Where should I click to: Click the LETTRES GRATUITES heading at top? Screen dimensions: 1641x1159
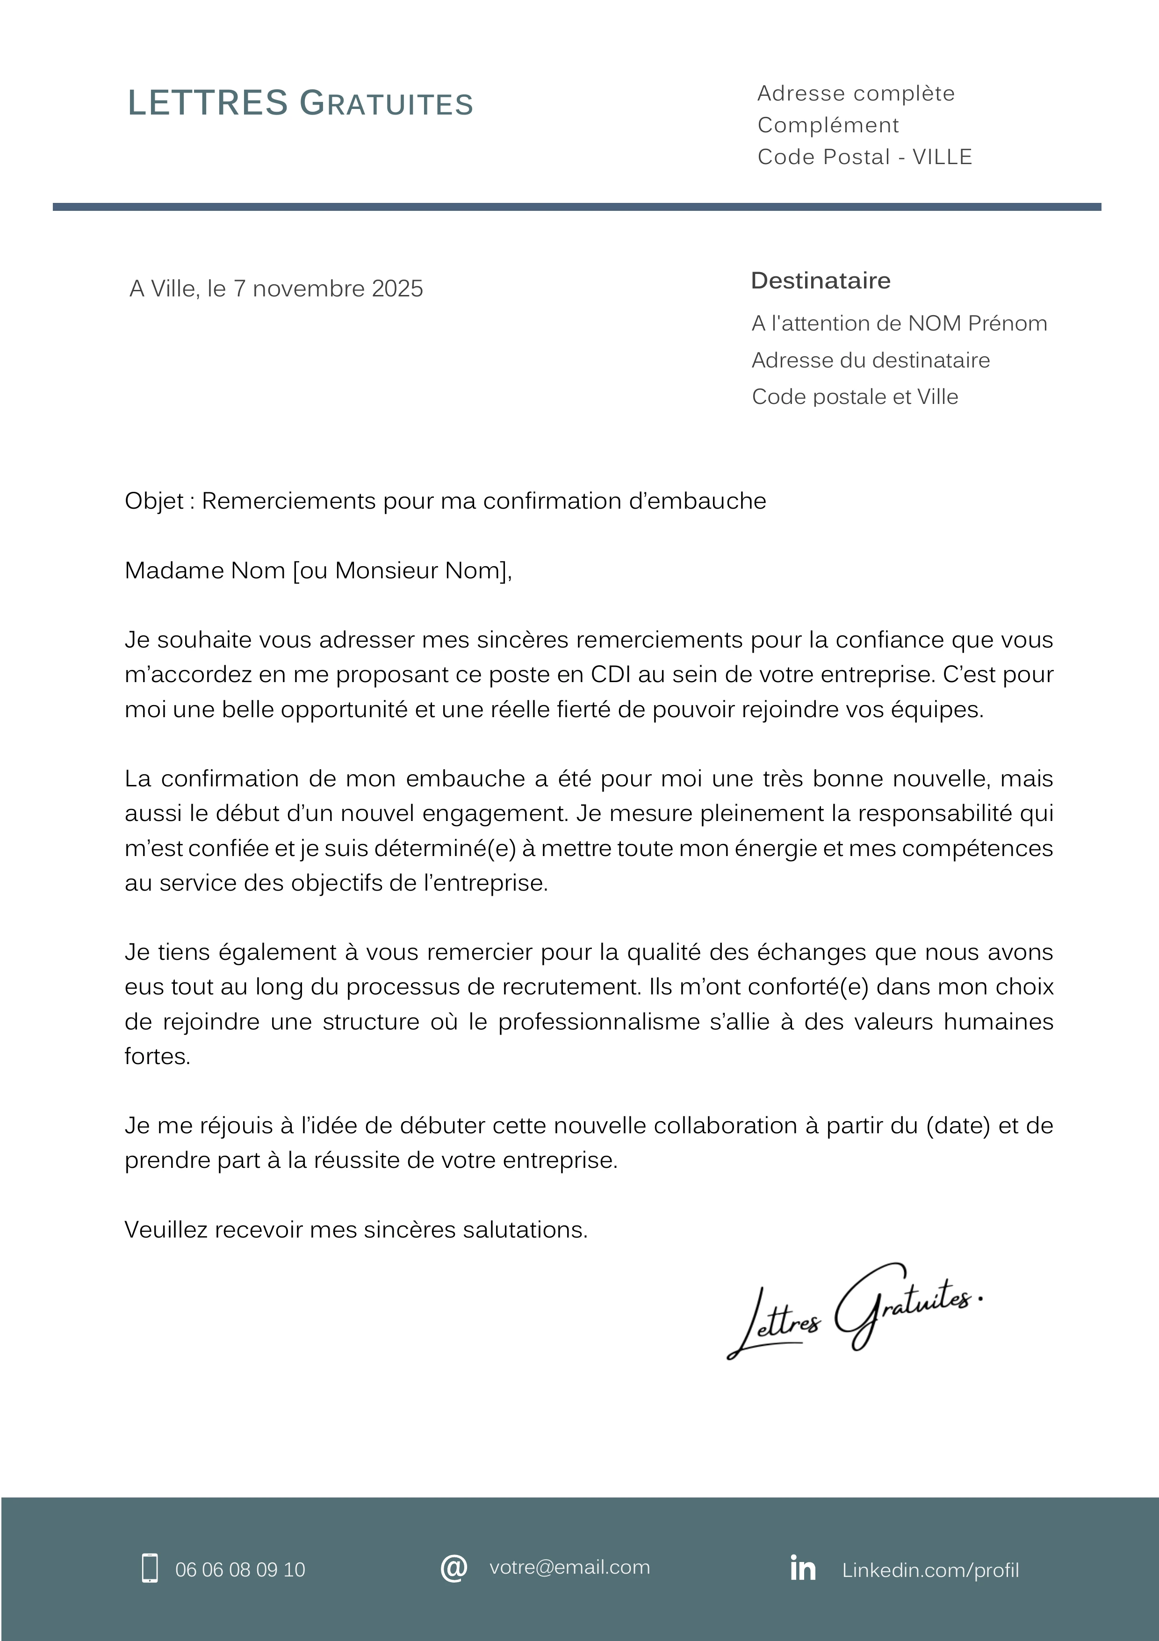tap(300, 104)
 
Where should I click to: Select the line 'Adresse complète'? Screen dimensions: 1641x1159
tap(855, 94)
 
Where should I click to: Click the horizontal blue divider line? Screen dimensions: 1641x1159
tap(576, 207)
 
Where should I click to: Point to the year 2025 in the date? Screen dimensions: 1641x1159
tap(397, 289)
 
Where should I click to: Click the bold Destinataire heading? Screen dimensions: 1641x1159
tap(821, 281)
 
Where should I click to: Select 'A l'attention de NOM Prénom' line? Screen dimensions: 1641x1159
tap(899, 324)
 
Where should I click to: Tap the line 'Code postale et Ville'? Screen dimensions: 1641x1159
tap(855, 396)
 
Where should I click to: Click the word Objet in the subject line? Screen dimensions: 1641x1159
tap(154, 501)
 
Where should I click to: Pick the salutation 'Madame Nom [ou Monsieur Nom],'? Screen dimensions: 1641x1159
tap(318, 570)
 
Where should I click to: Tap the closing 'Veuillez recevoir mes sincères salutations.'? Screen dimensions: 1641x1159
tap(356, 1230)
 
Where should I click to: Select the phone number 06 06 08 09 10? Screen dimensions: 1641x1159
tap(240, 1569)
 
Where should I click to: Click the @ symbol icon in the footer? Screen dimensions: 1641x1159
tap(454, 1568)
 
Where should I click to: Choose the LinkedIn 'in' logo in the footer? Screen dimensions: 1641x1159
tap(802, 1568)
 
